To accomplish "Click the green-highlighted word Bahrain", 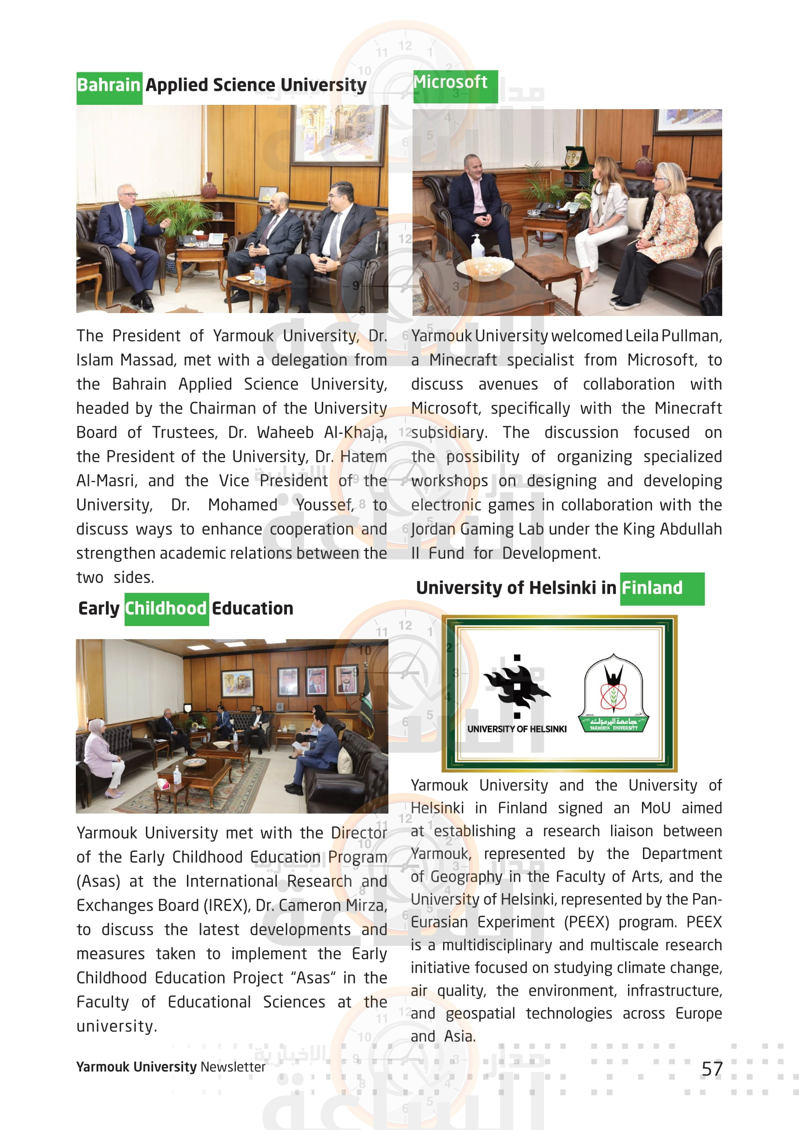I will pyautogui.click(x=109, y=86).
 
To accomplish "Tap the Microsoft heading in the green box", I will pyautogui.click(x=450, y=82).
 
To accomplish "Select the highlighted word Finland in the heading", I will pyautogui.click(x=652, y=588).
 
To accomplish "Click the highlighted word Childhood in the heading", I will pyautogui.click(x=166, y=609).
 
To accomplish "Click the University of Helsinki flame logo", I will pyautogui.click(x=516, y=686).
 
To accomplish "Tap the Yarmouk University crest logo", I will pyautogui.click(x=614, y=693).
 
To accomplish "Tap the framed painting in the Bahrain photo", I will pyautogui.click(x=337, y=132).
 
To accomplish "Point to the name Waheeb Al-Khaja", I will pyautogui.click(x=322, y=432).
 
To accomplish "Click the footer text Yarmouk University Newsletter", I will pyautogui.click(x=171, y=1067).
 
